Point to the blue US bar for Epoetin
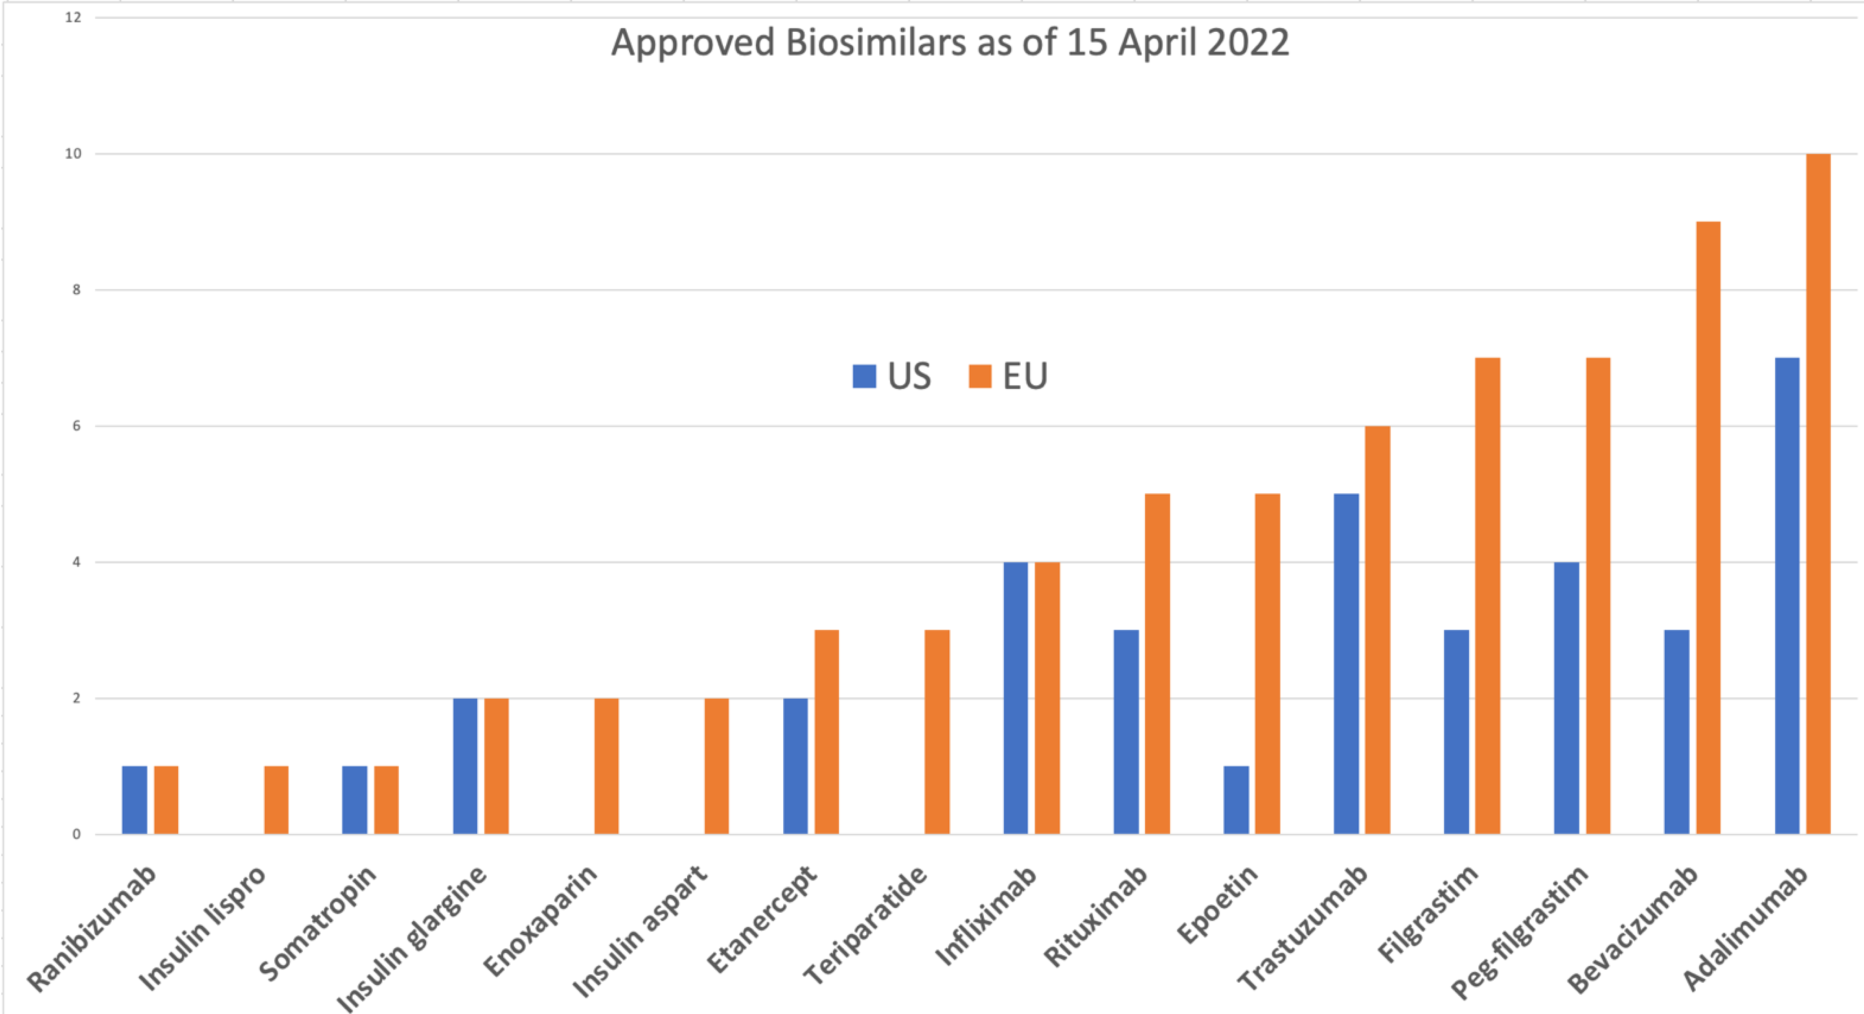pyautogui.click(x=1236, y=800)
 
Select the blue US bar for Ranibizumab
pyautogui.click(x=134, y=800)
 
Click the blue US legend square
pyautogui.click(x=864, y=376)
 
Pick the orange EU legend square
pyautogui.click(x=979, y=376)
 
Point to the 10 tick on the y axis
pyautogui.click(x=73, y=154)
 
